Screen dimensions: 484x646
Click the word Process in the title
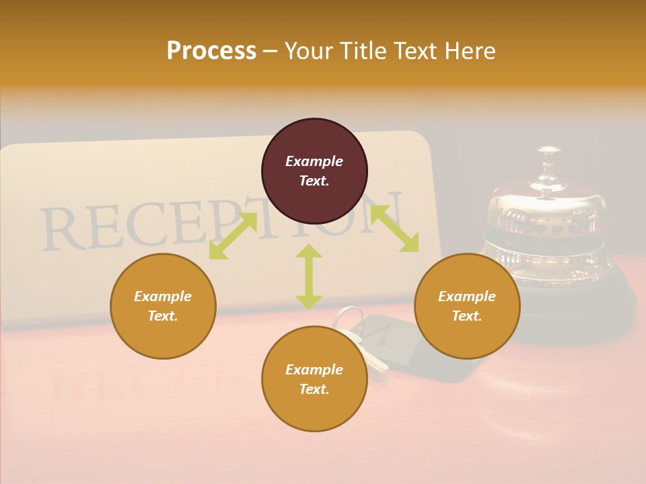click(x=211, y=51)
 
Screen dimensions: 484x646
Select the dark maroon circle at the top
click(x=314, y=171)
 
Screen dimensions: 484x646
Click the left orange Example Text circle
click(x=163, y=306)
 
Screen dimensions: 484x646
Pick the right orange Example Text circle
click(x=467, y=306)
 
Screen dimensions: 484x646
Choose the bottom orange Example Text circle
click(x=314, y=379)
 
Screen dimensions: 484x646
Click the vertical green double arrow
click(x=309, y=276)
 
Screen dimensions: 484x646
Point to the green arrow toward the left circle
click(x=233, y=235)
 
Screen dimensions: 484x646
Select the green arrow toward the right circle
click(x=395, y=229)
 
